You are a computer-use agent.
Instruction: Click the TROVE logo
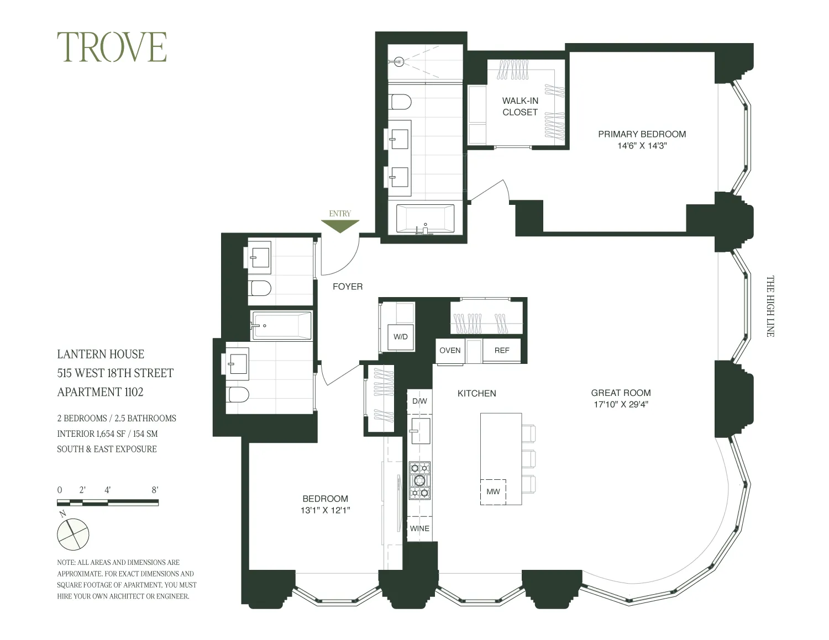point(112,47)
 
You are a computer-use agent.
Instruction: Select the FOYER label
point(348,286)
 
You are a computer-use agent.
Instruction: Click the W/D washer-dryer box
point(401,336)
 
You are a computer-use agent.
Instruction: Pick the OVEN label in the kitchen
point(450,350)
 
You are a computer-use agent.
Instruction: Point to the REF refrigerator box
point(502,350)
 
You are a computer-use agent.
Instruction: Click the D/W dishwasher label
point(419,401)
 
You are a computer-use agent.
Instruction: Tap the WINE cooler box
point(419,528)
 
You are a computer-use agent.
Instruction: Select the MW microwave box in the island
point(493,491)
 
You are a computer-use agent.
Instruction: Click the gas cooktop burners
point(419,480)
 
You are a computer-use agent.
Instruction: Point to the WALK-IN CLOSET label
point(520,106)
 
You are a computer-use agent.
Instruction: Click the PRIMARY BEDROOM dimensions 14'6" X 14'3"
point(642,146)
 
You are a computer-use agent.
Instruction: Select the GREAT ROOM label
point(621,393)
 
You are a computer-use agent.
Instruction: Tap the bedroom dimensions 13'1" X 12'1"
point(325,511)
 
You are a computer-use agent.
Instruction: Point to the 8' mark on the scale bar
point(155,490)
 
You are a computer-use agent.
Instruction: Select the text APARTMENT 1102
point(100,392)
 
